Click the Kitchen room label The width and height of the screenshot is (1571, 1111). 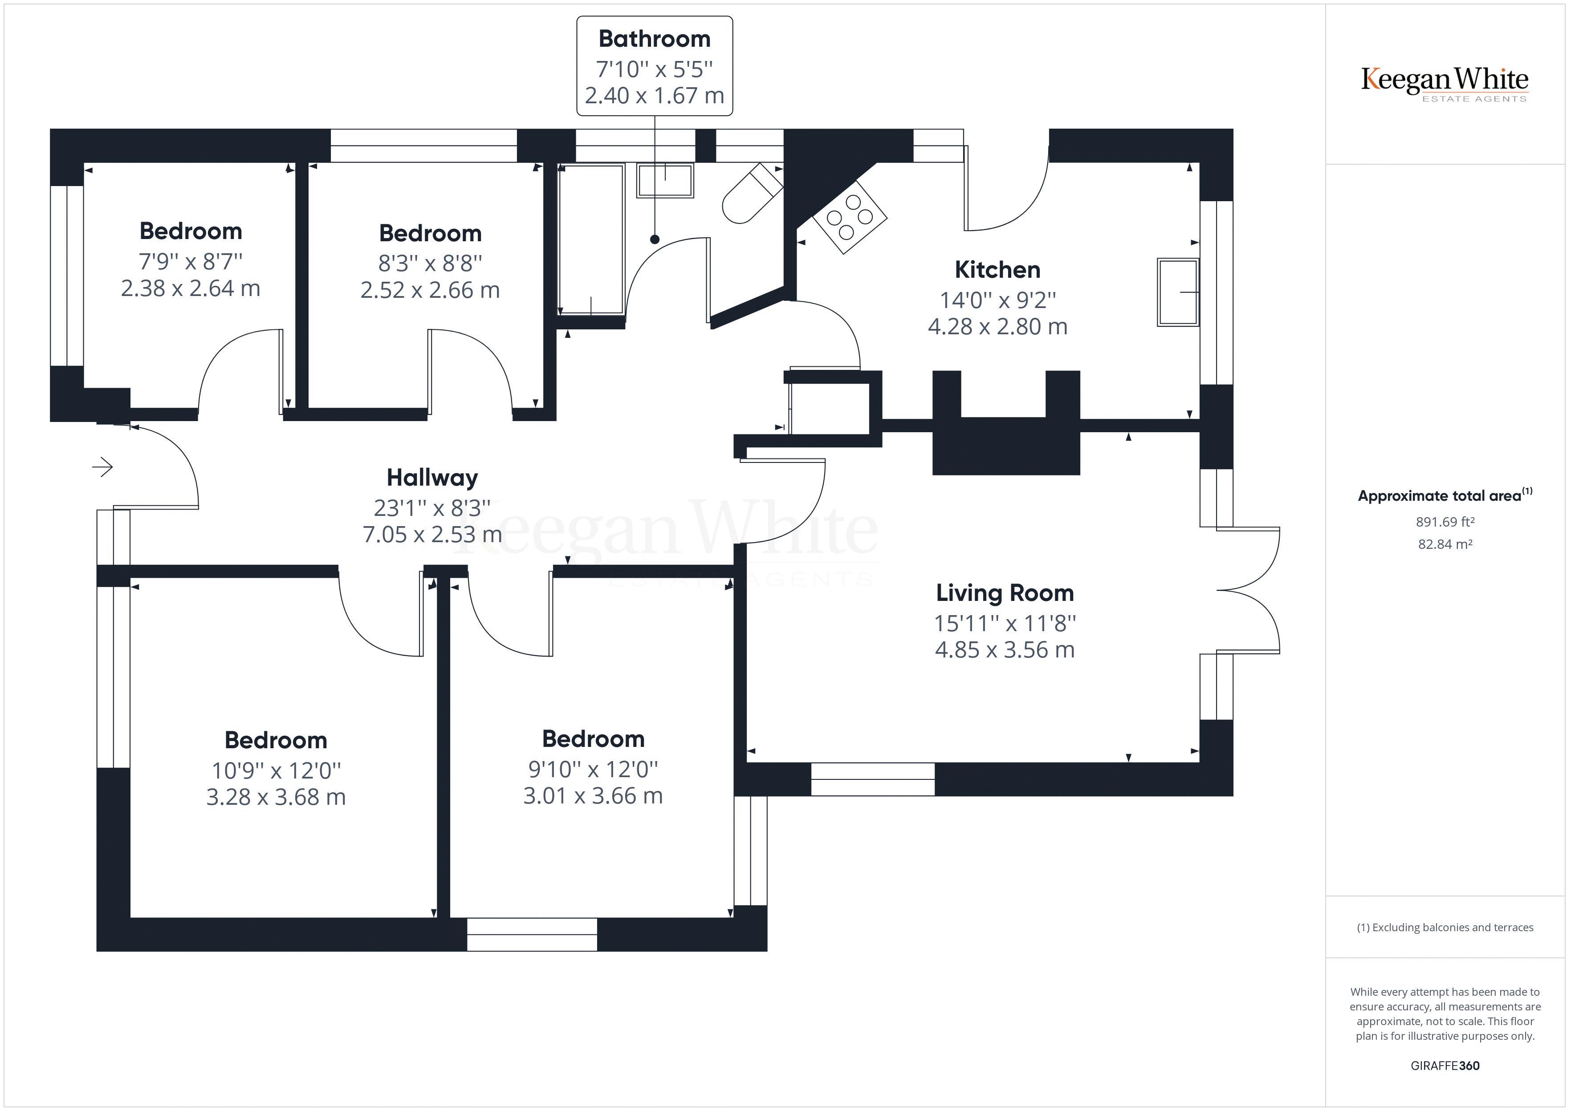point(997,270)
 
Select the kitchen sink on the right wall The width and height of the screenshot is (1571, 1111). point(1177,292)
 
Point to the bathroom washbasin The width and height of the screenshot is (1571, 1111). point(665,181)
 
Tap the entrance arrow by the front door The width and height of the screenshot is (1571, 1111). point(102,467)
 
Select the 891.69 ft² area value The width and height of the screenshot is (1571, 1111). point(1445,522)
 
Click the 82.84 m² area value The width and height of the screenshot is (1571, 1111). point(1445,544)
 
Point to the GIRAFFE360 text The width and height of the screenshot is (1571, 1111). point(1445,1065)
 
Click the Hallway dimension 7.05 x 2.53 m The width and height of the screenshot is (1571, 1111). point(432,534)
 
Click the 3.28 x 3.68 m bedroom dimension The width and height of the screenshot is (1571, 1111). point(276,797)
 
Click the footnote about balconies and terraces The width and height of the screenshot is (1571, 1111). point(1445,928)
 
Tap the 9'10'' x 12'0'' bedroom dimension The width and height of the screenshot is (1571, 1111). point(593,769)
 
